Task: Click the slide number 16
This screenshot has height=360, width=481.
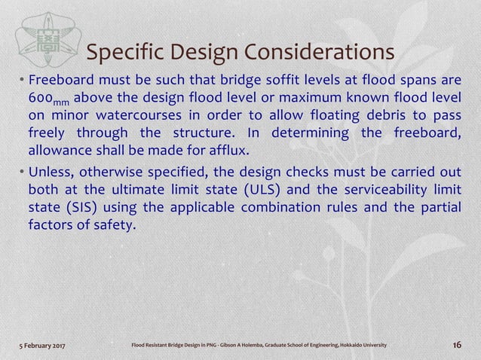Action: (x=455, y=345)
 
